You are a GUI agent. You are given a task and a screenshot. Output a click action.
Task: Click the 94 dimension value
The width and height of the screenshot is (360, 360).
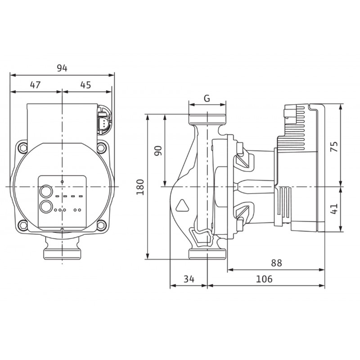pos(62,68)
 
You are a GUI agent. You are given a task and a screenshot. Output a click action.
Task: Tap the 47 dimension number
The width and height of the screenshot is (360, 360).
pos(36,85)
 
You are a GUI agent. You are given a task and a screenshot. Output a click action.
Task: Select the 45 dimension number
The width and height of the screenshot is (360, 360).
pos(85,85)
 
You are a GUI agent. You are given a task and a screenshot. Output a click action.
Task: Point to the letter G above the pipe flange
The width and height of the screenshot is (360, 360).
pos(207,98)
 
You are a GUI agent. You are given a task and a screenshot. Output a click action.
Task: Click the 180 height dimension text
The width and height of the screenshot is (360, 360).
pos(140,187)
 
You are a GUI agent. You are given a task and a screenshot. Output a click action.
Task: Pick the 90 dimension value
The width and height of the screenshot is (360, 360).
pos(158,151)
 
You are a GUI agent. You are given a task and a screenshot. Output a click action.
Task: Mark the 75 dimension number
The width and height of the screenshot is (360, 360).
pos(334,147)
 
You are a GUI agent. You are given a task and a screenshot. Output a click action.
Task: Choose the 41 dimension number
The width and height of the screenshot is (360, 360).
pos(334,208)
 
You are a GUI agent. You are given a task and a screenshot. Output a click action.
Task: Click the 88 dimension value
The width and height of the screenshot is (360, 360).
pos(276,263)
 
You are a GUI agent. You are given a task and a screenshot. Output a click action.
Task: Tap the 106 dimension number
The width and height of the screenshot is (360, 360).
pos(264,279)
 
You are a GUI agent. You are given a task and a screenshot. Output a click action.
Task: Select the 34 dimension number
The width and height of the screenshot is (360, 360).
pos(189,279)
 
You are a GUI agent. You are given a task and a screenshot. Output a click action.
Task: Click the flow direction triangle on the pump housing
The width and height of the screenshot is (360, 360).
pos(182,205)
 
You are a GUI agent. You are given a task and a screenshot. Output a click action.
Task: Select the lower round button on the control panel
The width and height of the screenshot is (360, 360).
pos(46,207)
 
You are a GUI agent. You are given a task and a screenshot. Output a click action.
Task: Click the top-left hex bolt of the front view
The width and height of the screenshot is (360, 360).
pos(23,148)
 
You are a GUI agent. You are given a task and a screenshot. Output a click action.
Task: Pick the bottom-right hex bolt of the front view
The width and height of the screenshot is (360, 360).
pos(101,225)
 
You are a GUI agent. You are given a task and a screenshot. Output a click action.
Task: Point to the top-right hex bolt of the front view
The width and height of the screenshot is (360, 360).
pos(101,148)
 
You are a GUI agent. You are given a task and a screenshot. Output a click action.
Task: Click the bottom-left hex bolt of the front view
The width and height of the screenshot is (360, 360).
pos(23,225)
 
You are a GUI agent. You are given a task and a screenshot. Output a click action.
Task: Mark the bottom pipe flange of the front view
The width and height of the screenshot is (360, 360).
pos(62,254)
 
